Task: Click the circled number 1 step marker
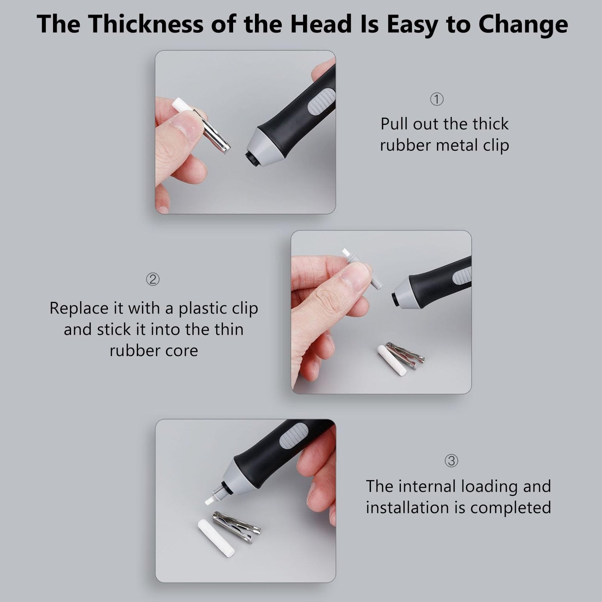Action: [x=437, y=99]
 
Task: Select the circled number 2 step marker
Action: [x=153, y=279]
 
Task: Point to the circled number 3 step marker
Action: [x=451, y=460]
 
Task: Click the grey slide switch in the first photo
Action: [x=321, y=102]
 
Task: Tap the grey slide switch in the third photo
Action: [x=294, y=436]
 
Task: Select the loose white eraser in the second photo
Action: [x=392, y=360]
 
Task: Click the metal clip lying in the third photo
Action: [x=237, y=527]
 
